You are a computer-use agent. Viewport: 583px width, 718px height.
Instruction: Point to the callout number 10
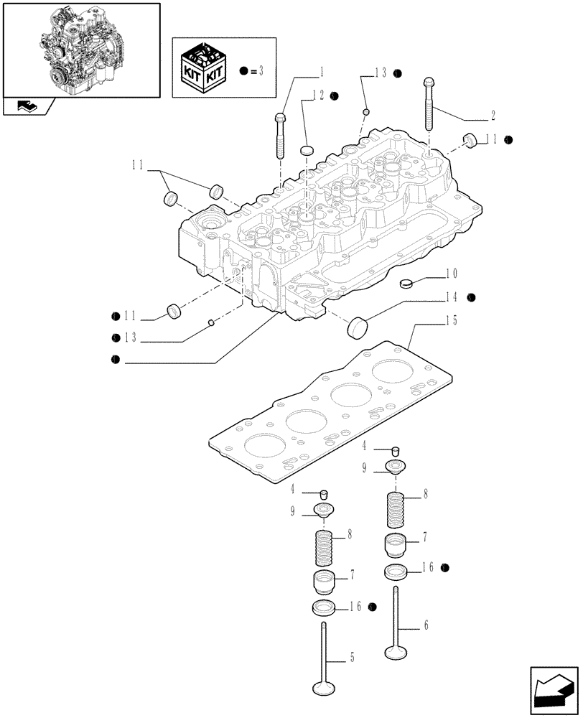click(450, 274)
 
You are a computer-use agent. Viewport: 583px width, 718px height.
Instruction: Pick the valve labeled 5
click(324, 661)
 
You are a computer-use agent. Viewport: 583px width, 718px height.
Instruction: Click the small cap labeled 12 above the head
click(307, 149)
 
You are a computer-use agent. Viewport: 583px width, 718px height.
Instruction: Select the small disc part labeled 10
click(405, 281)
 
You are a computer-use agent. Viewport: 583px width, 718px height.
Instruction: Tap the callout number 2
click(494, 115)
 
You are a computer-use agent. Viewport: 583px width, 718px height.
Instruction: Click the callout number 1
click(322, 72)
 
